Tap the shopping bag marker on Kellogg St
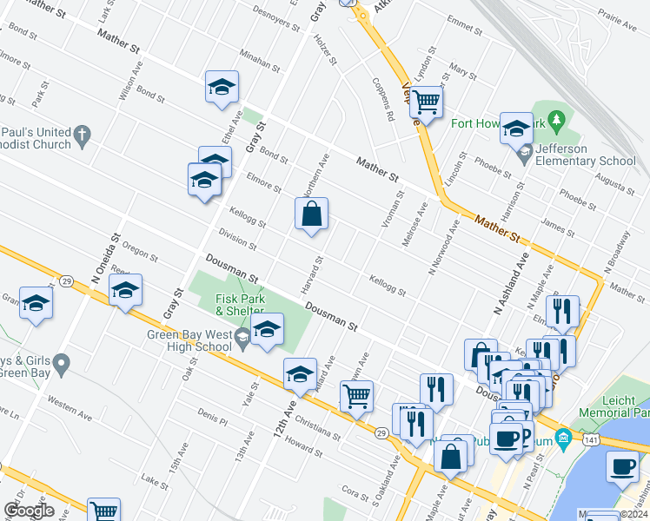(x=311, y=214)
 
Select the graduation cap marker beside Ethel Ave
(x=222, y=87)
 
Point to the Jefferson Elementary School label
(x=587, y=155)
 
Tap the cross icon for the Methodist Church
(x=82, y=135)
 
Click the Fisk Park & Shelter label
(x=240, y=304)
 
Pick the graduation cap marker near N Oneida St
(x=125, y=290)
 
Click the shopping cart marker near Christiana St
(x=356, y=396)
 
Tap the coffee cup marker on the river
(x=622, y=466)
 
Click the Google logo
(x=29, y=511)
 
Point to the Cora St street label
(x=355, y=492)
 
